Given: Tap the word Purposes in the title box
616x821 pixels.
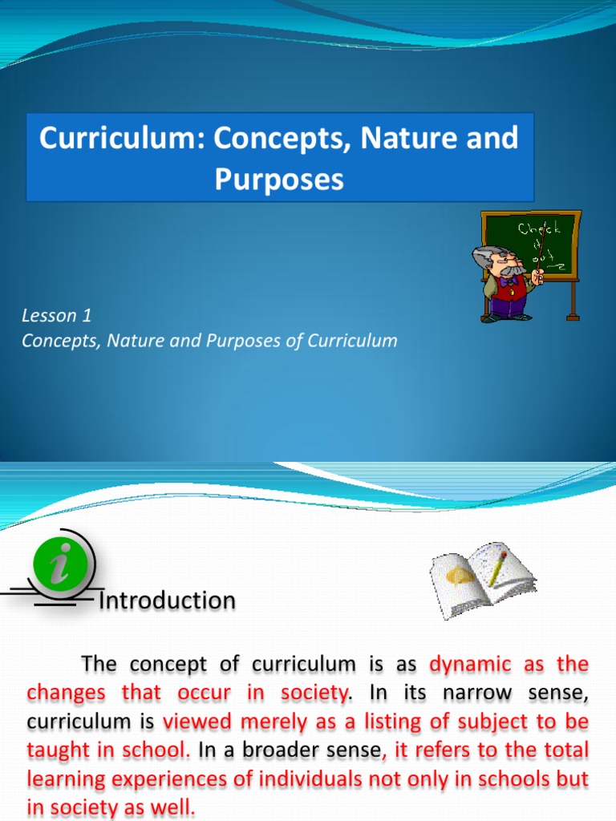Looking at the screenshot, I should coord(279,179).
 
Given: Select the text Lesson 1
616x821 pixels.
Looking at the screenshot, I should coord(52,315).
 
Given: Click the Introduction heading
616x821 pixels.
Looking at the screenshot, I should coord(167,600).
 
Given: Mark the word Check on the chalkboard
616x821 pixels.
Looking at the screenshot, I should coord(541,230).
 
